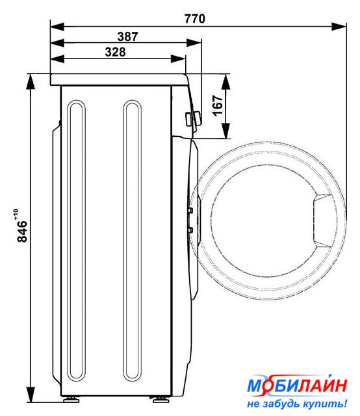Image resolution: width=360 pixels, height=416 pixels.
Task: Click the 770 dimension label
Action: (x=195, y=19)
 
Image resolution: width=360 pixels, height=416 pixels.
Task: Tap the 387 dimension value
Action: (x=127, y=36)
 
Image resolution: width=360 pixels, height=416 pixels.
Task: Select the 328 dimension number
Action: (x=115, y=52)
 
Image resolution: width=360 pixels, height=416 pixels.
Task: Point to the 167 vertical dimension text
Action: (x=218, y=105)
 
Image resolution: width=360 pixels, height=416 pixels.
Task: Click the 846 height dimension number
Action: (x=22, y=231)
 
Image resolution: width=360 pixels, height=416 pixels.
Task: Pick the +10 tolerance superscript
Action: (x=16, y=214)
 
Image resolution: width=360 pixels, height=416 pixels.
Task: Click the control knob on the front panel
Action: (x=193, y=118)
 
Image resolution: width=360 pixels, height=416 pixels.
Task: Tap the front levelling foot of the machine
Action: (x=159, y=399)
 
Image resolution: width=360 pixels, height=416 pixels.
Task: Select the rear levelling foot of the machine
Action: (x=71, y=399)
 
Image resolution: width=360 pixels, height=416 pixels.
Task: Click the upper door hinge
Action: (x=190, y=211)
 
